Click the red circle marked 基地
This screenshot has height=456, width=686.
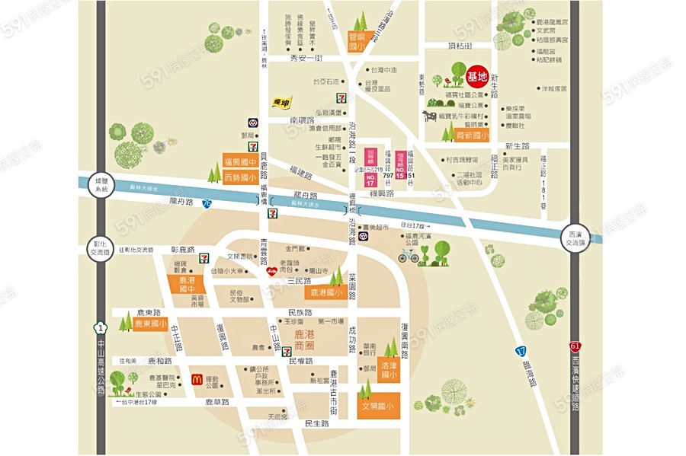pos(477,75)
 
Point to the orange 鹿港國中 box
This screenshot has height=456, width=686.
pos(187,285)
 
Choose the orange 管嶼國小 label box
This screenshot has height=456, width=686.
pos(357,41)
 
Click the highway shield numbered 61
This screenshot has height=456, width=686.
pos(575,346)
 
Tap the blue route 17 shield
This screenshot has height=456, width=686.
pos(521,352)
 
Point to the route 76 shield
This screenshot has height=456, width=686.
pos(207,203)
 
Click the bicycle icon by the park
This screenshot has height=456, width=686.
pos(409,255)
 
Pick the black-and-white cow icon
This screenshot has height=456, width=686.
pos(430,116)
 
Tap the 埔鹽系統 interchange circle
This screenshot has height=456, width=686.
pos(98,185)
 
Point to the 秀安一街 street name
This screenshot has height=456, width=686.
pos(307,58)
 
